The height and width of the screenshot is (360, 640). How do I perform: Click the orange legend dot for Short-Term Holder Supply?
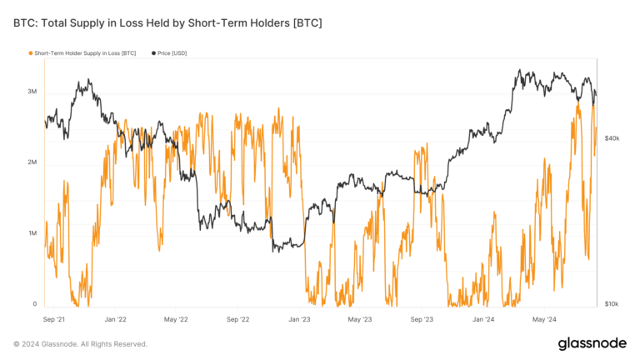pyautogui.click(x=30, y=53)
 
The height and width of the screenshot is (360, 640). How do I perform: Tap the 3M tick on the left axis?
pyautogui.click(x=31, y=91)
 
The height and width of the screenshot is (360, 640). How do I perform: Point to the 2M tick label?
pyautogui.click(x=31, y=162)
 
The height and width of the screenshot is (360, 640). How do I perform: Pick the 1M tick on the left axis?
pyautogui.click(x=31, y=233)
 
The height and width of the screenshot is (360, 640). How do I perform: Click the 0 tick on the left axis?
pyautogui.click(x=34, y=304)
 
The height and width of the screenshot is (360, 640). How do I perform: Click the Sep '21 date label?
pyautogui.click(x=55, y=318)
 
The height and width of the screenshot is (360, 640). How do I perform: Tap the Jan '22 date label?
pyautogui.click(x=116, y=318)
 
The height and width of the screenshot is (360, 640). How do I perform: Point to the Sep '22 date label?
pyautogui.click(x=238, y=318)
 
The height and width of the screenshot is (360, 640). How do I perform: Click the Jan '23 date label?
pyautogui.click(x=299, y=318)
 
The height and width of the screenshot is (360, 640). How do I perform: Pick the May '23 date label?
pyautogui.click(x=360, y=318)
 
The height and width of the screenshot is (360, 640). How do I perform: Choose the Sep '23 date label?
pyautogui.click(x=422, y=318)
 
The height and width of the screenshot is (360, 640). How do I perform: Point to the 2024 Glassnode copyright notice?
pyautogui.click(x=80, y=343)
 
